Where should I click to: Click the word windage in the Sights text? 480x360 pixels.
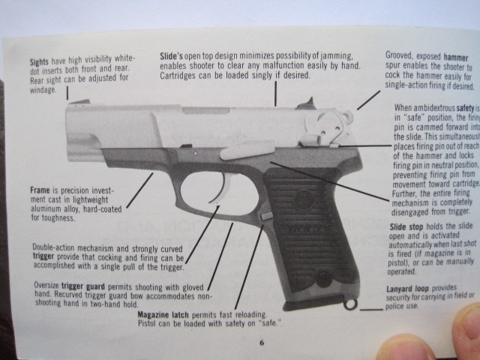tap(44, 90)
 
